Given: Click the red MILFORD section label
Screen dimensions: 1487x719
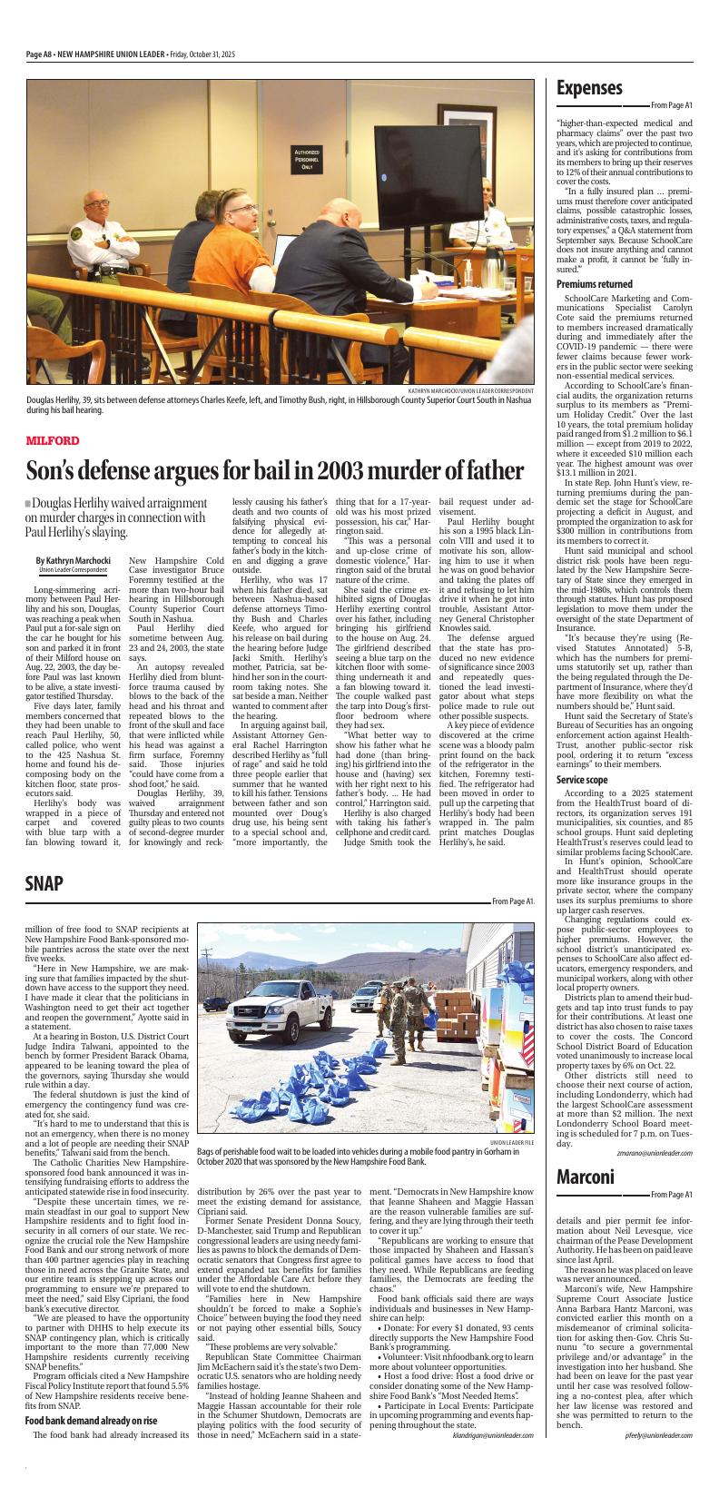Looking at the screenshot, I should click(53, 440).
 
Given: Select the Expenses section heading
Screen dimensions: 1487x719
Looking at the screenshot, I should click(589, 88).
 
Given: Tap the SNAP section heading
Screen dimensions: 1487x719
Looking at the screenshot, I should click(44, 858).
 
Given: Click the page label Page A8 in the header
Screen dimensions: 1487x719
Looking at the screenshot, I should click(39, 54).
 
